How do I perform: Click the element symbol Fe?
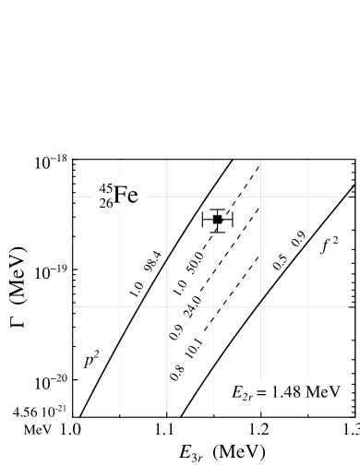(x=126, y=197)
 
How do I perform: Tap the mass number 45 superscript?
(x=106, y=190)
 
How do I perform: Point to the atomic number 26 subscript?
(x=106, y=205)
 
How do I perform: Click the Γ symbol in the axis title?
(x=18, y=323)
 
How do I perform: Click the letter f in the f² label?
(x=324, y=245)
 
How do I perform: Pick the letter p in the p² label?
(x=89, y=360)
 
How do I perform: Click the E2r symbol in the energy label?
(x=241, y=393)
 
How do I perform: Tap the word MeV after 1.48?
(x=323, y=392)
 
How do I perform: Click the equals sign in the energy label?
(x=262, y=393)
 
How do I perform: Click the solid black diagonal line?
(x=169, y=254)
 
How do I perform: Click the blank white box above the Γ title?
(x=18, y=157)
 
